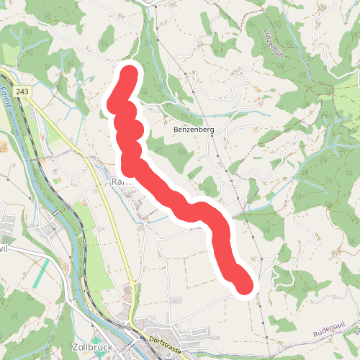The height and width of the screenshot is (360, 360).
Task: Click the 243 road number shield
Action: (23, 91)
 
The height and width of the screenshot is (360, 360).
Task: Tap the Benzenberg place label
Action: (194, 130)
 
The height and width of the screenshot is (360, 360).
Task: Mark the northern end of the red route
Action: (130, 73)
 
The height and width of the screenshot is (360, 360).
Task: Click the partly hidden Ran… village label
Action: (118, 183)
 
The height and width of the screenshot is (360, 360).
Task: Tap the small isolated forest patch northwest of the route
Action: (107, 36)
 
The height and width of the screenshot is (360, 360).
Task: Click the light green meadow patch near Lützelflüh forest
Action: (344, 108)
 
